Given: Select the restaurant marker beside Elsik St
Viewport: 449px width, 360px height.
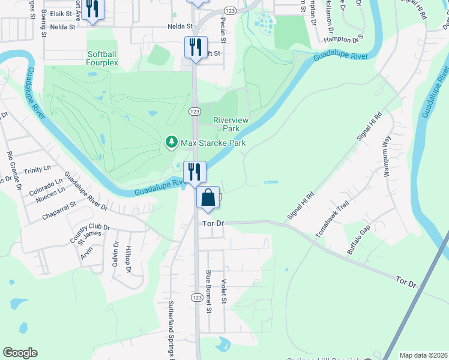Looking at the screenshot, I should (x=92, y=9).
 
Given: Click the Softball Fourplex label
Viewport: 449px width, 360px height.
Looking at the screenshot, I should (x=101, y=58).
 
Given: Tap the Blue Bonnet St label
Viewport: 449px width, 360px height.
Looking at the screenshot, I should (x=209, y=292).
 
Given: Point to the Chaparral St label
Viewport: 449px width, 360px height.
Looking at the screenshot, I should (x=59, y=205).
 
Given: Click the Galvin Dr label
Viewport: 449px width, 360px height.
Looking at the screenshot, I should (x=113, y=257).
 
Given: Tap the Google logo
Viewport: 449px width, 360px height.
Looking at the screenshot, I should (x=20, y=353).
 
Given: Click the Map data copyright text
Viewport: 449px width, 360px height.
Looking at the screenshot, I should (x=423, y=355).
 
